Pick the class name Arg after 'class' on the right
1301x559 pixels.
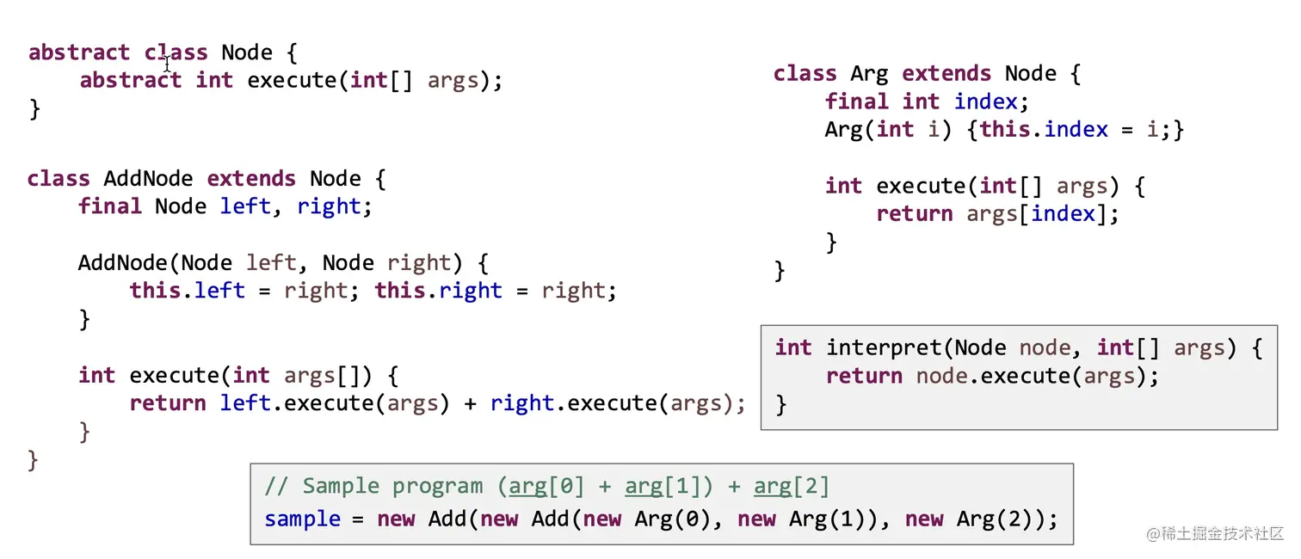click(869, 74)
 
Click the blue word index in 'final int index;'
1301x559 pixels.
click(986, 101)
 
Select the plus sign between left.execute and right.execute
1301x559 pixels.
click(471, 403)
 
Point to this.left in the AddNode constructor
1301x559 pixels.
click(188, 291)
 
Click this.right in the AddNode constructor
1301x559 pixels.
click(438, 291)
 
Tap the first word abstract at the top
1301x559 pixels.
click(78, 52)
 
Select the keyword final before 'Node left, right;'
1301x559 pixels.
click(110, 206)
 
